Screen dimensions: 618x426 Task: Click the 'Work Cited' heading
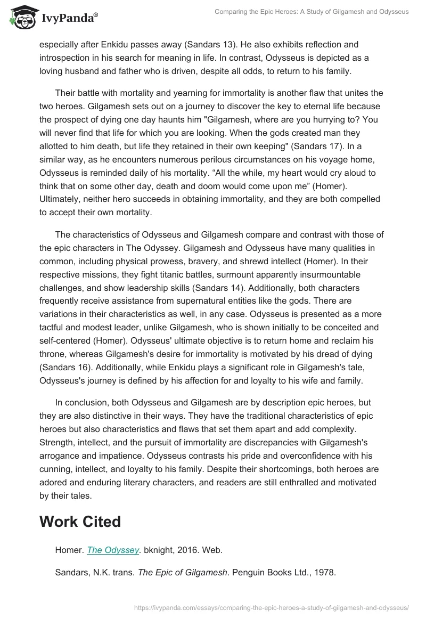click(x=80, y=522)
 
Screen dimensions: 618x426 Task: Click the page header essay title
click(x=312, y=11)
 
